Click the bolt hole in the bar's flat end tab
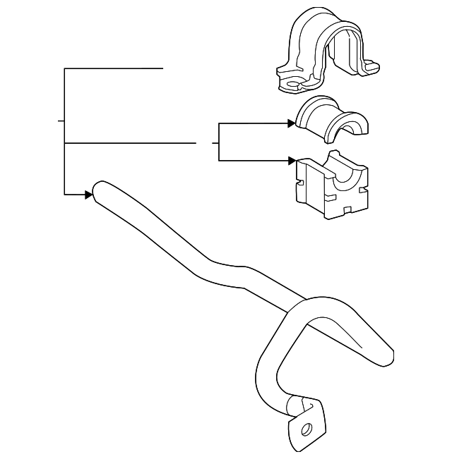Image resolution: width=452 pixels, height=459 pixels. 307,429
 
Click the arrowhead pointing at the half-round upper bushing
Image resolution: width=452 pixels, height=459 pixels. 291,123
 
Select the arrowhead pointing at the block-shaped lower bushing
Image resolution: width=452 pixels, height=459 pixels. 291,161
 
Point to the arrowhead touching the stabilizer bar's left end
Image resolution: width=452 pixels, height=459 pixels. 89,194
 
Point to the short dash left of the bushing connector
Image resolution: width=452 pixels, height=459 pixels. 215,143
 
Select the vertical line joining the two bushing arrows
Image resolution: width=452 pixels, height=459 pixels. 220,142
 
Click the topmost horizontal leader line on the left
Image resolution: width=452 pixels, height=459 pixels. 113,68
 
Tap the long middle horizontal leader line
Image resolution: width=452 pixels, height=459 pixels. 130,143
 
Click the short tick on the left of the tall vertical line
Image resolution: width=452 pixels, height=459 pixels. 61,121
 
